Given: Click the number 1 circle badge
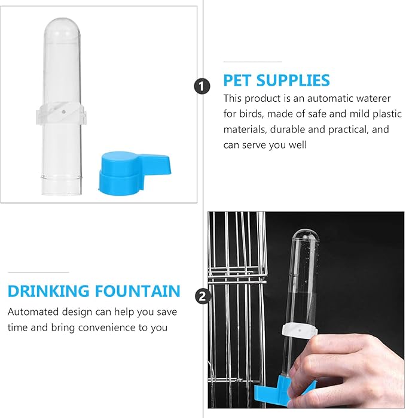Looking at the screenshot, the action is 202,86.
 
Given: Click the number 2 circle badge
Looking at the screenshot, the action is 203,296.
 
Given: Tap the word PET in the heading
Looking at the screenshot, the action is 237,80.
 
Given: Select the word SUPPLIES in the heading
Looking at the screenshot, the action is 293,80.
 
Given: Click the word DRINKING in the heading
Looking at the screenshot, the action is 48,291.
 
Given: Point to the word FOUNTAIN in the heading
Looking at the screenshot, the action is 138,291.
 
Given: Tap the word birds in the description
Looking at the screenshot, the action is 251,114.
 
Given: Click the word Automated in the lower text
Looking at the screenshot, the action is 33,311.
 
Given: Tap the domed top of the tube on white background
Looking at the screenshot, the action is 62,29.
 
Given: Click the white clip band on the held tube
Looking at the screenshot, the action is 300,331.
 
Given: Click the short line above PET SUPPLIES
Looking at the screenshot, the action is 253,62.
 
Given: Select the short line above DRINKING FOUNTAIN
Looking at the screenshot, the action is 38,272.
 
